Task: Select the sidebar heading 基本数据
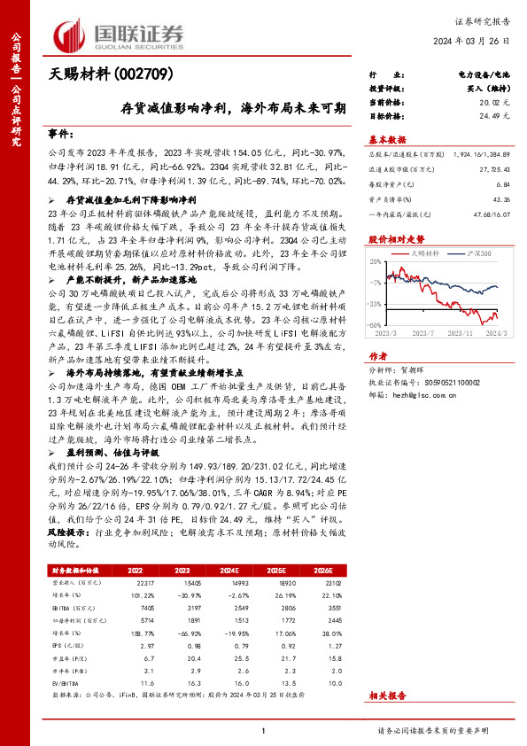387,139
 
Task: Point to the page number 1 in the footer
263,730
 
